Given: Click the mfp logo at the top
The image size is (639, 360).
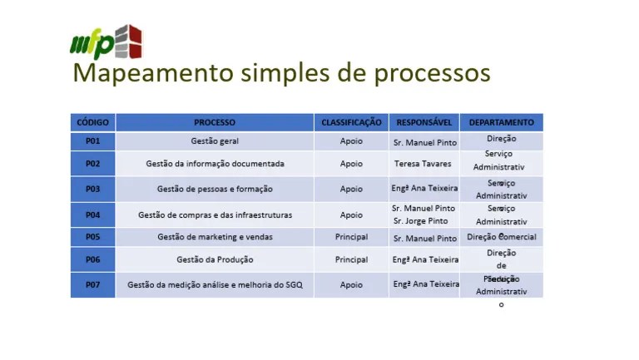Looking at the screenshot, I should coord(105,42).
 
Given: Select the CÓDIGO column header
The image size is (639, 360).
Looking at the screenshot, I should coord(92,122).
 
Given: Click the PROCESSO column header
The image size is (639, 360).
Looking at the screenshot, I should coord(215,122).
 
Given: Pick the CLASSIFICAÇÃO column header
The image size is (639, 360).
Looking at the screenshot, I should coord(351,122).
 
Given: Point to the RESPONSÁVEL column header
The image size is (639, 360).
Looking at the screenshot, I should coord(424,122).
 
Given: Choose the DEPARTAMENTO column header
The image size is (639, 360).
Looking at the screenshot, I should coord(501,122).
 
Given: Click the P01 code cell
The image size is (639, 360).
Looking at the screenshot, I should coord(92,141).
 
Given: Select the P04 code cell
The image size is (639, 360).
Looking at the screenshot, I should coord(92,215).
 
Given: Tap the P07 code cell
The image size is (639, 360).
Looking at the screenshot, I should coord(92,284).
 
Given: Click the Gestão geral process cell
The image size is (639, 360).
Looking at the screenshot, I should coord(215,141).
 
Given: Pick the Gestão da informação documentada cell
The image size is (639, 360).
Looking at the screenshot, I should coord(215,164).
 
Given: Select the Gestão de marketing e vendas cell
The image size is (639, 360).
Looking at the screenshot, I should coord(215,237).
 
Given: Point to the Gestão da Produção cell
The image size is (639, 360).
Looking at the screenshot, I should coord(215,259).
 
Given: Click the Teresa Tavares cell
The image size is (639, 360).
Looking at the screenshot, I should coord(423,164).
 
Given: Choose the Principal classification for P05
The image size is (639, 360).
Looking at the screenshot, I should coord(351,237).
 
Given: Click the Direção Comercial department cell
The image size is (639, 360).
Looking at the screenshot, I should coord(501,237).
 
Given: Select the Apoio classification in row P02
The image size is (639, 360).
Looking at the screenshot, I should coord(351,164).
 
